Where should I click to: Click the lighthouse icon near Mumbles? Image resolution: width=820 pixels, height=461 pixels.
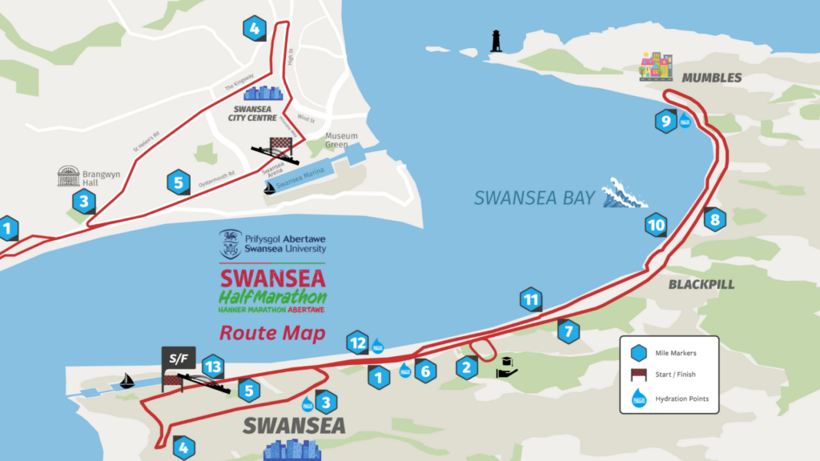pos(496,42)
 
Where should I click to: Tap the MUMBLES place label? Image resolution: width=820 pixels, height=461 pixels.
pos(711,78)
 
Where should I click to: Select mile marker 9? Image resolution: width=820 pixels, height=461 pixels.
pos(665,122)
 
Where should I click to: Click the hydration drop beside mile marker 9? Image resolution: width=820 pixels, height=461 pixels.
pos(685,122)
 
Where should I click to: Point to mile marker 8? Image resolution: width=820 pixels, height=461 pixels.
pos(714,218)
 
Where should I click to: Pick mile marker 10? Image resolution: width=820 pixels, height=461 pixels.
pos(657,225)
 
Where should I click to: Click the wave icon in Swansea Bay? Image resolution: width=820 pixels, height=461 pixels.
pos(625,193)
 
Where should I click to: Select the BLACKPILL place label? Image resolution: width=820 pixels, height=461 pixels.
pos(701,284)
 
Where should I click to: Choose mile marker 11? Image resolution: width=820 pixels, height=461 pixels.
pos(529,300)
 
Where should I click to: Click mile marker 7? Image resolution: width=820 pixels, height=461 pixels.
pos(568,330)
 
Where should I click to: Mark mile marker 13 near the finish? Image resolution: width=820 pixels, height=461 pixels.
pos(211,367)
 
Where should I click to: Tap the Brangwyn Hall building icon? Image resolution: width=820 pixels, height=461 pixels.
pos(69,176)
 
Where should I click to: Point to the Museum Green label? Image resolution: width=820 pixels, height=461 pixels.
pos(341,141)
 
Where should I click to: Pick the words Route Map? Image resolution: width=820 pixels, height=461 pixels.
pos(272,332)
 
